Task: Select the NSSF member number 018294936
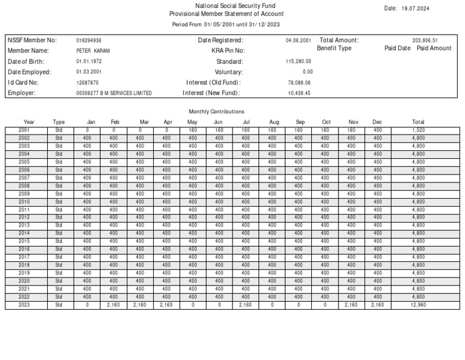tap(89, 41)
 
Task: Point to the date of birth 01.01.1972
tap(88, 62)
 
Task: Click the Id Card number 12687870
tap(88, 82)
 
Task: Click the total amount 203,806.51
tap(426, 41)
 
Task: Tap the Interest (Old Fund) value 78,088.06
tap(299, 82)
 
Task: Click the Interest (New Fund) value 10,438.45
tap(299, 93)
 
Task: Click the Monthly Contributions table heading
tap(217, 112)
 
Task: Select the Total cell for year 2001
tap(418, 130)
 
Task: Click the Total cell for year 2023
tap(418, 305)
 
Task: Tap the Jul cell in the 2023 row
tap(245, 305)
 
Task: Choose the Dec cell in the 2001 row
tap(377, 130)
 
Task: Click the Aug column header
tap(274, 122)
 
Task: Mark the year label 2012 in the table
tap(24, 217)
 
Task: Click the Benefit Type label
tap(334, 48)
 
